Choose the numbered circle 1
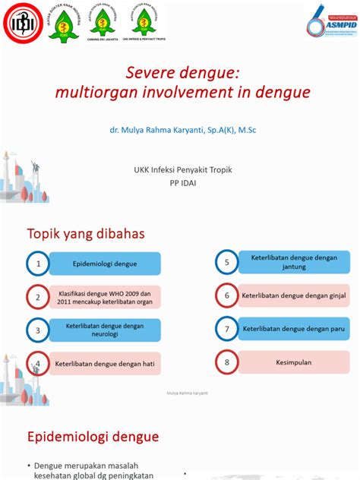click(37, 264)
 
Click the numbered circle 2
click(37, 297)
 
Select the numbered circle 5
click(226, 263)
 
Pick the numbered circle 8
click(226, 362)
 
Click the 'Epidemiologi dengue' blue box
click(106, 264)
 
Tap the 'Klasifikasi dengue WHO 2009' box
click(106, 297)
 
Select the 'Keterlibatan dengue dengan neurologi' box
click(106, 330)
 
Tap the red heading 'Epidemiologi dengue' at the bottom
click(93, 437)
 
